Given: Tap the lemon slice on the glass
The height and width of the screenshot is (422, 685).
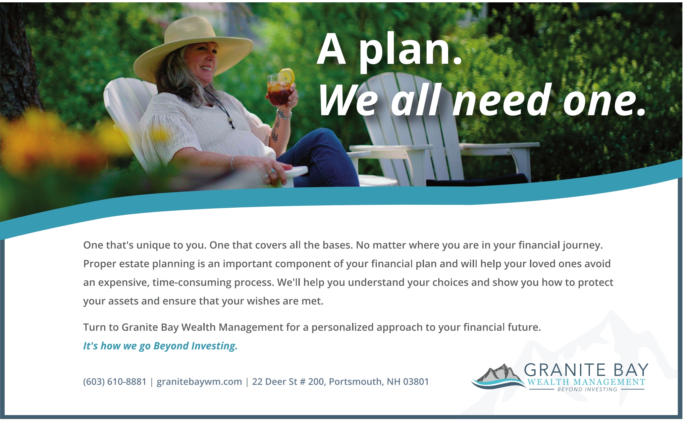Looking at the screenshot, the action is pos(287,76).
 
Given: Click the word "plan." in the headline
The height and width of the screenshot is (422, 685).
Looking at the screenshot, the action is pos(411,50).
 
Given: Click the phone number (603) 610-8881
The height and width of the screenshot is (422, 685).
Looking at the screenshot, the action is pos(115,382).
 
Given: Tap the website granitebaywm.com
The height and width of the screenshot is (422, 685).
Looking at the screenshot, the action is pos(199,382).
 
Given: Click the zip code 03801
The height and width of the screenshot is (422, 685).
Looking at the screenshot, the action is pos(416,382).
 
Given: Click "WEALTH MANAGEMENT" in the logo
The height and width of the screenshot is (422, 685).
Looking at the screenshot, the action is pos(586,382).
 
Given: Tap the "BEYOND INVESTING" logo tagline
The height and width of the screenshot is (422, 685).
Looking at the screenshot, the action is pos(587,390).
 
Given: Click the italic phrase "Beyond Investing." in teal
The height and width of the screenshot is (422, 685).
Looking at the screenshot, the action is pos(195,346).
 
